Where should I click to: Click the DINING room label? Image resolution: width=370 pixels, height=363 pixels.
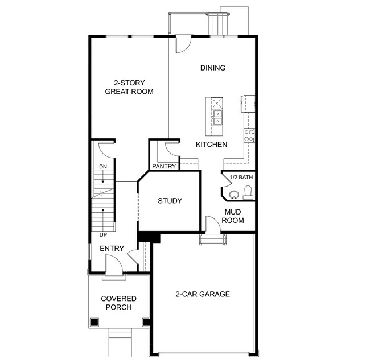pos(213,68)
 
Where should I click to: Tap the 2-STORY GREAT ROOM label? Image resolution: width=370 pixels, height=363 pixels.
pos(130,86)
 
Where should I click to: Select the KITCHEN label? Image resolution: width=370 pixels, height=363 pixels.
pos(211,145)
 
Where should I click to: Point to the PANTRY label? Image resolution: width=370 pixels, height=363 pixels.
pos(163,166)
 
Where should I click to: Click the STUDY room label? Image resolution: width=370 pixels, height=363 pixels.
pos(170,201)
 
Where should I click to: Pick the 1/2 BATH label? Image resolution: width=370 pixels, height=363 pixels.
pos(241,177)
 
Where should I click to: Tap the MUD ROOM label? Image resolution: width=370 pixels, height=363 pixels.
pos(233,216)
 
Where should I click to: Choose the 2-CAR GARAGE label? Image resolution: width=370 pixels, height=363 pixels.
pos(202,294)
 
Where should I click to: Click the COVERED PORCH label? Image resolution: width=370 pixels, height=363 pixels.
pos(118,303)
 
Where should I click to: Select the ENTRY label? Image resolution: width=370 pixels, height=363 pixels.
pos(112,249)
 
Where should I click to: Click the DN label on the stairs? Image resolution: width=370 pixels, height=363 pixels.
pos(103,166)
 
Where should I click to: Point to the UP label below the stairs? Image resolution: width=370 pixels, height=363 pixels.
pos(103,234)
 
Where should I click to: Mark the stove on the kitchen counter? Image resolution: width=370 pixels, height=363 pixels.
pos(249,135)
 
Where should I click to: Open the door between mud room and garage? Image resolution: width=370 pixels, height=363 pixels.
pos(213,226)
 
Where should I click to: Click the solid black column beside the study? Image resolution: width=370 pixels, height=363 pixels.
pos(149,237)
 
